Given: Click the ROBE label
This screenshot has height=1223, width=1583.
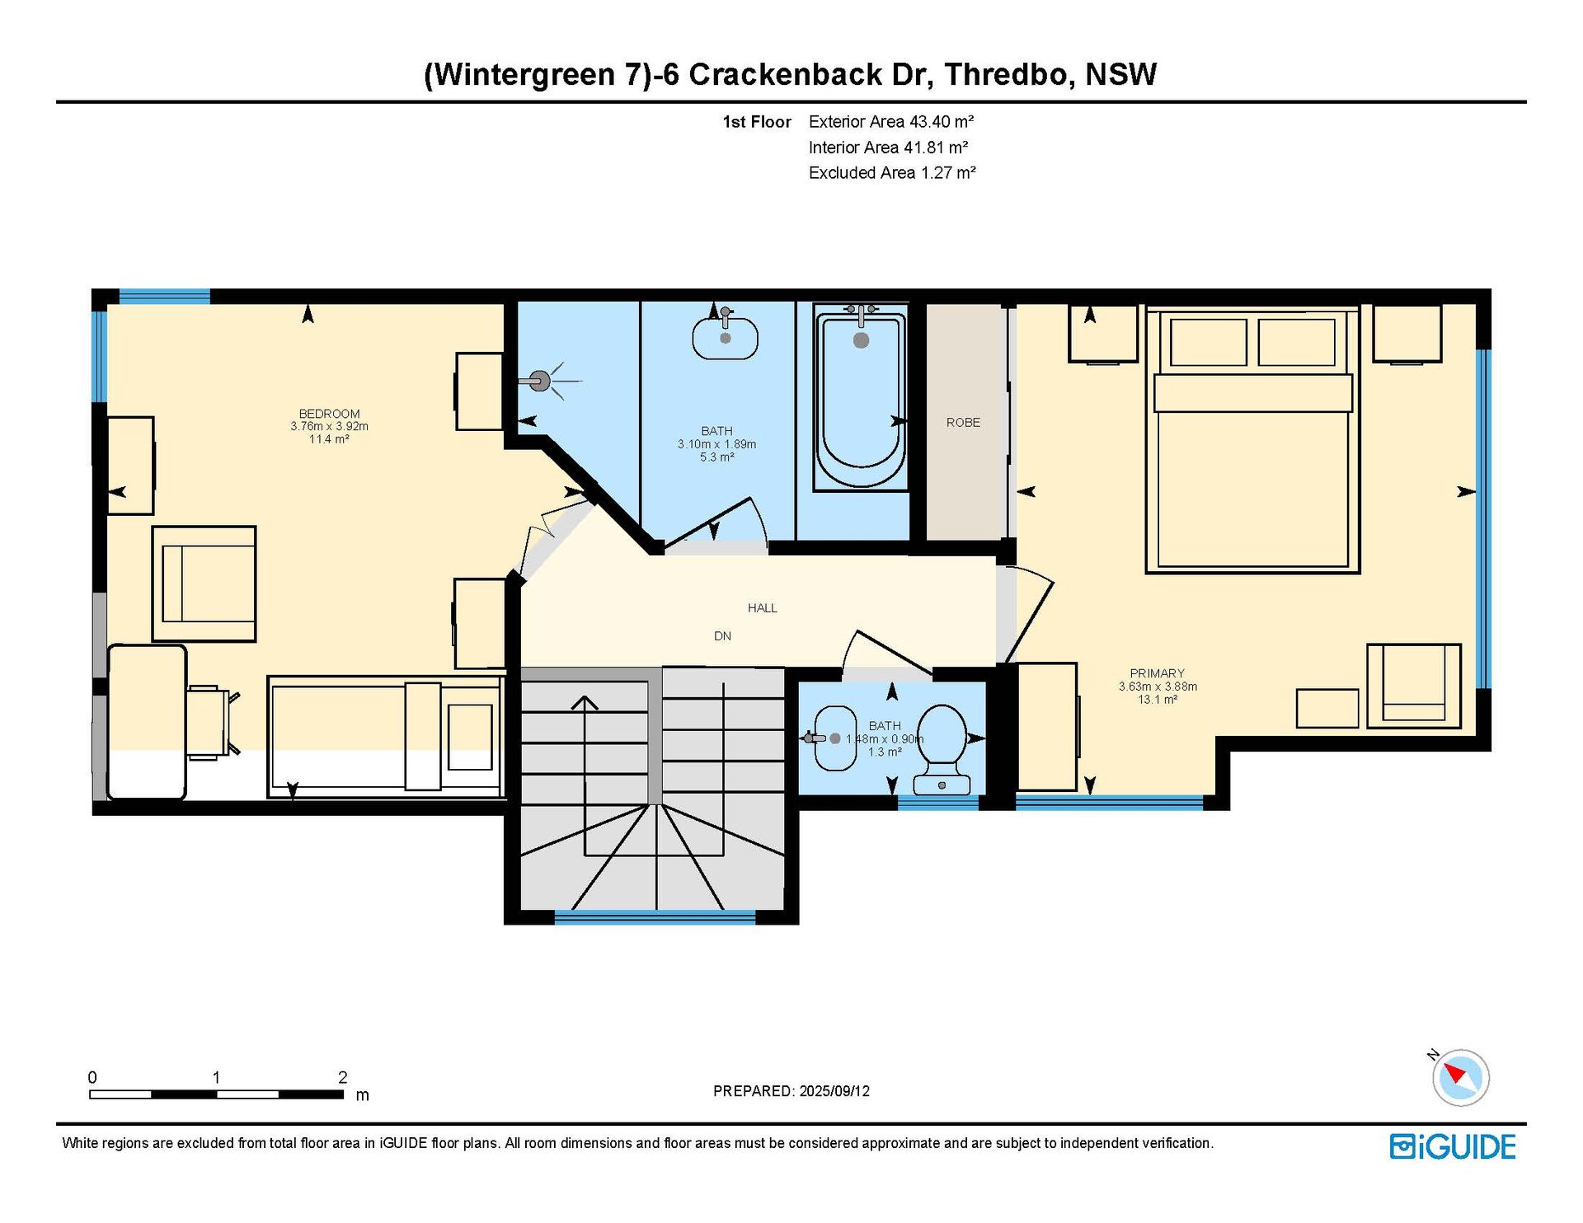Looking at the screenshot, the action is point(963,423).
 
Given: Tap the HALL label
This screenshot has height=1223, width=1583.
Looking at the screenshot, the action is point(763,608).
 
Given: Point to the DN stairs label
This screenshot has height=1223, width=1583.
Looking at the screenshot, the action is point(722,636).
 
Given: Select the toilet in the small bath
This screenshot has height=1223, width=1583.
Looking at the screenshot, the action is point(943,749).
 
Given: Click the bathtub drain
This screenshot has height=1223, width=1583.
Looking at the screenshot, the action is point(861,340).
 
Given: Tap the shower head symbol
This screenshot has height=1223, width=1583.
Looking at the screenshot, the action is point(540,381).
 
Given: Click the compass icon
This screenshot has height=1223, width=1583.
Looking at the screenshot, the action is point(1460,1076).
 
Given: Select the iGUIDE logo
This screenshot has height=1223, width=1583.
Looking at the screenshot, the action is point(1453,1147).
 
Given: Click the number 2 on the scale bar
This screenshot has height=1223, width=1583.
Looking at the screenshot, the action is point(343,1077).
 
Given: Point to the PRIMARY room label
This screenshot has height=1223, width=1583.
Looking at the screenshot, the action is point(1158,673).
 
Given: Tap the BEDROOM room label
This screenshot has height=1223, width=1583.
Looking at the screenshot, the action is point(329,414).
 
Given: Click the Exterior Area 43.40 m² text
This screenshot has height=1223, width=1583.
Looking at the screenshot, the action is point(891,122).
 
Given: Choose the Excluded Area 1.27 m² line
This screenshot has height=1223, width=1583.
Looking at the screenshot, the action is point(892,173).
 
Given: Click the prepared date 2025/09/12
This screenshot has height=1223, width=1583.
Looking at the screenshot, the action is point(834,1091).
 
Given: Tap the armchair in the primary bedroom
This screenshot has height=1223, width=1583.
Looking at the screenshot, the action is point(1414,686).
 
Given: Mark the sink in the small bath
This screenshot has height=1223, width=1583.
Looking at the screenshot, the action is point(834,738).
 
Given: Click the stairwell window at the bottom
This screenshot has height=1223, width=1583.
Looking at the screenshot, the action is point(655,916).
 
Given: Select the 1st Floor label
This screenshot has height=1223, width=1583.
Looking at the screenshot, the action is point(757,122).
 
